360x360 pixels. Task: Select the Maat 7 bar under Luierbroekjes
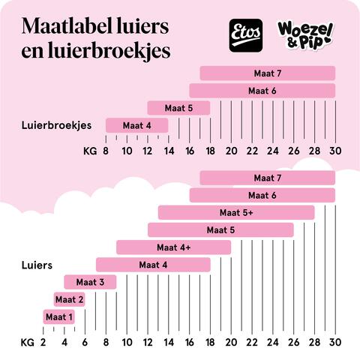coord(267,73)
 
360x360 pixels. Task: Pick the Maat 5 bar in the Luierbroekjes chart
coord(178,108)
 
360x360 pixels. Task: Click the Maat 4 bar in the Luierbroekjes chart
coord(136,125)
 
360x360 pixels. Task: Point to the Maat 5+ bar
coord(236,212)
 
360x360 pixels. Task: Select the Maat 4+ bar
coord(173,247)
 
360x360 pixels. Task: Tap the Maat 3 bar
coord(90,282)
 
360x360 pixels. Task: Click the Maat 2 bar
coord(69,299)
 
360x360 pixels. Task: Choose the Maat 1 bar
coord(58,317)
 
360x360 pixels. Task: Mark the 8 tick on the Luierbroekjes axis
coord(106,150)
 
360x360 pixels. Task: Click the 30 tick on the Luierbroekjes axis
coord(334,150)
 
